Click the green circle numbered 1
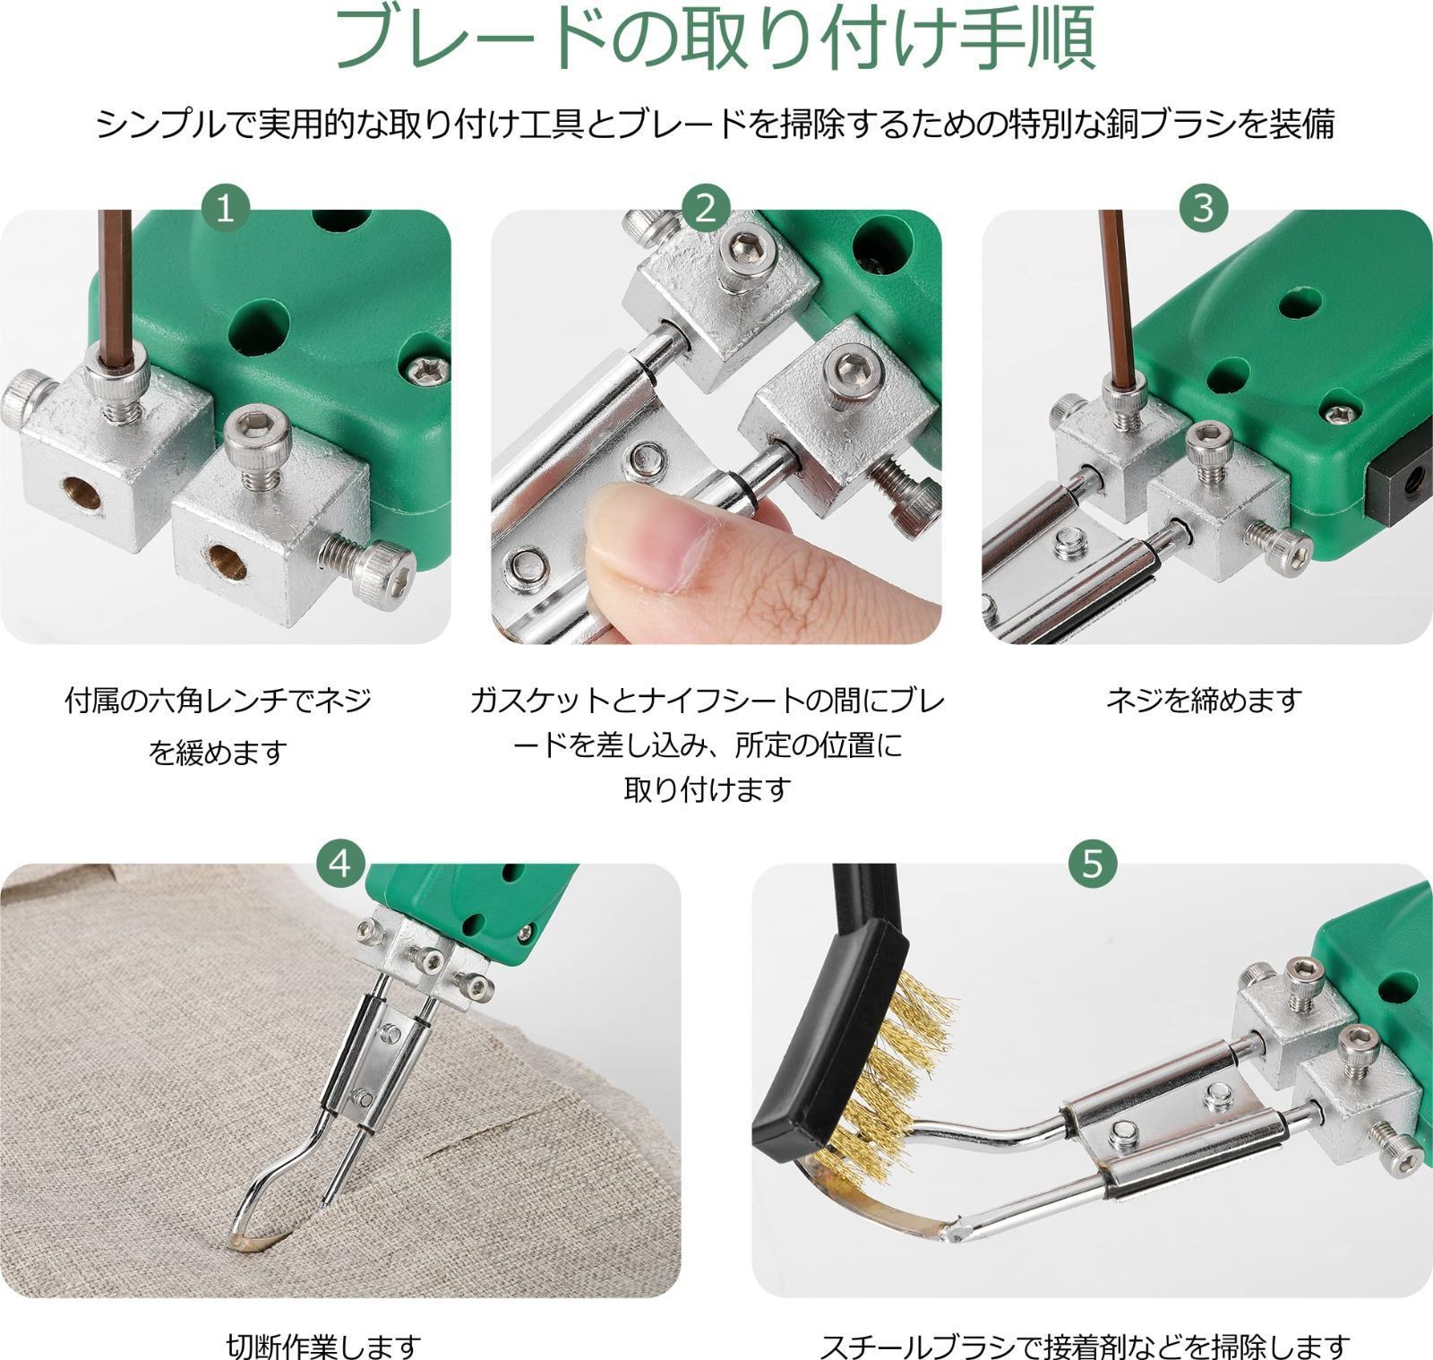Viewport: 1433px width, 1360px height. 225,208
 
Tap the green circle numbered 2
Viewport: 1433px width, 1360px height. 706,208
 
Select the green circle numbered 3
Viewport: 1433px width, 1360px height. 1203,208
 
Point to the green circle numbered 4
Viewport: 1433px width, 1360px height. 340,864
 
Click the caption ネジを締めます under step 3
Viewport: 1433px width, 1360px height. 1203,700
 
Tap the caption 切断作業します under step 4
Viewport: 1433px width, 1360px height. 323,1345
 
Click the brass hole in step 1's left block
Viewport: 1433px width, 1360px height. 81,494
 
